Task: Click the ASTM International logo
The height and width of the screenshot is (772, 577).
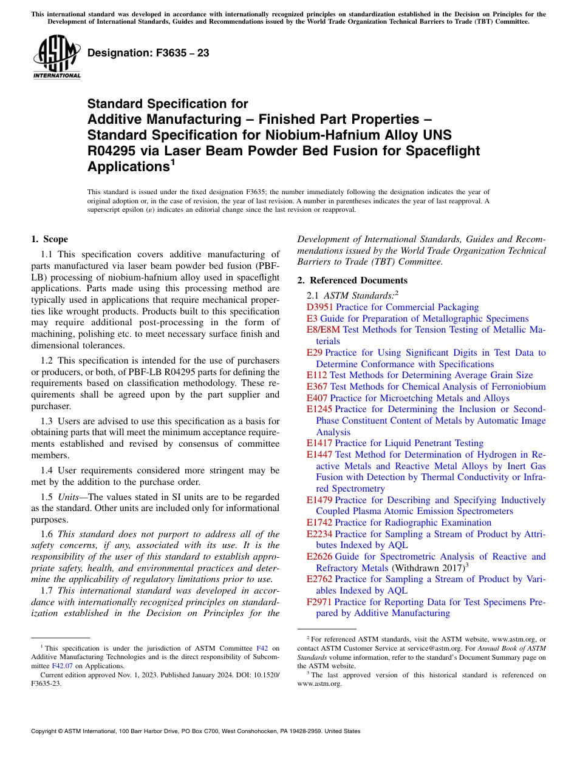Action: tap(56, 58)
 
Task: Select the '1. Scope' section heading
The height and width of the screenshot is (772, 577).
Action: tap(50, 239)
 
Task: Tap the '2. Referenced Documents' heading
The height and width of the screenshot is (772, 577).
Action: tap(352, 280)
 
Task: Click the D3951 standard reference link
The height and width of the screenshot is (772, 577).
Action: tap(320, 307)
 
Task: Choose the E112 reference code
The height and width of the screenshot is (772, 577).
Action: tap(317, 375)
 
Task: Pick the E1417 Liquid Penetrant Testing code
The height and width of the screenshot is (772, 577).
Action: tap(319, 443)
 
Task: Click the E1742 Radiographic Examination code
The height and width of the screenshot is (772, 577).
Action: tap(319, 523)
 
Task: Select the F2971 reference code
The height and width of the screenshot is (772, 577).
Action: tap(319, 602)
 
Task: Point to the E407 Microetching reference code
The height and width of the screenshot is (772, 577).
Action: tap(317, 398)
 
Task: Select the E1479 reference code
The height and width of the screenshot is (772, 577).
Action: tap(319, 500)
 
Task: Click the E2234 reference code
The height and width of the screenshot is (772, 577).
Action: tap(319, 534)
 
